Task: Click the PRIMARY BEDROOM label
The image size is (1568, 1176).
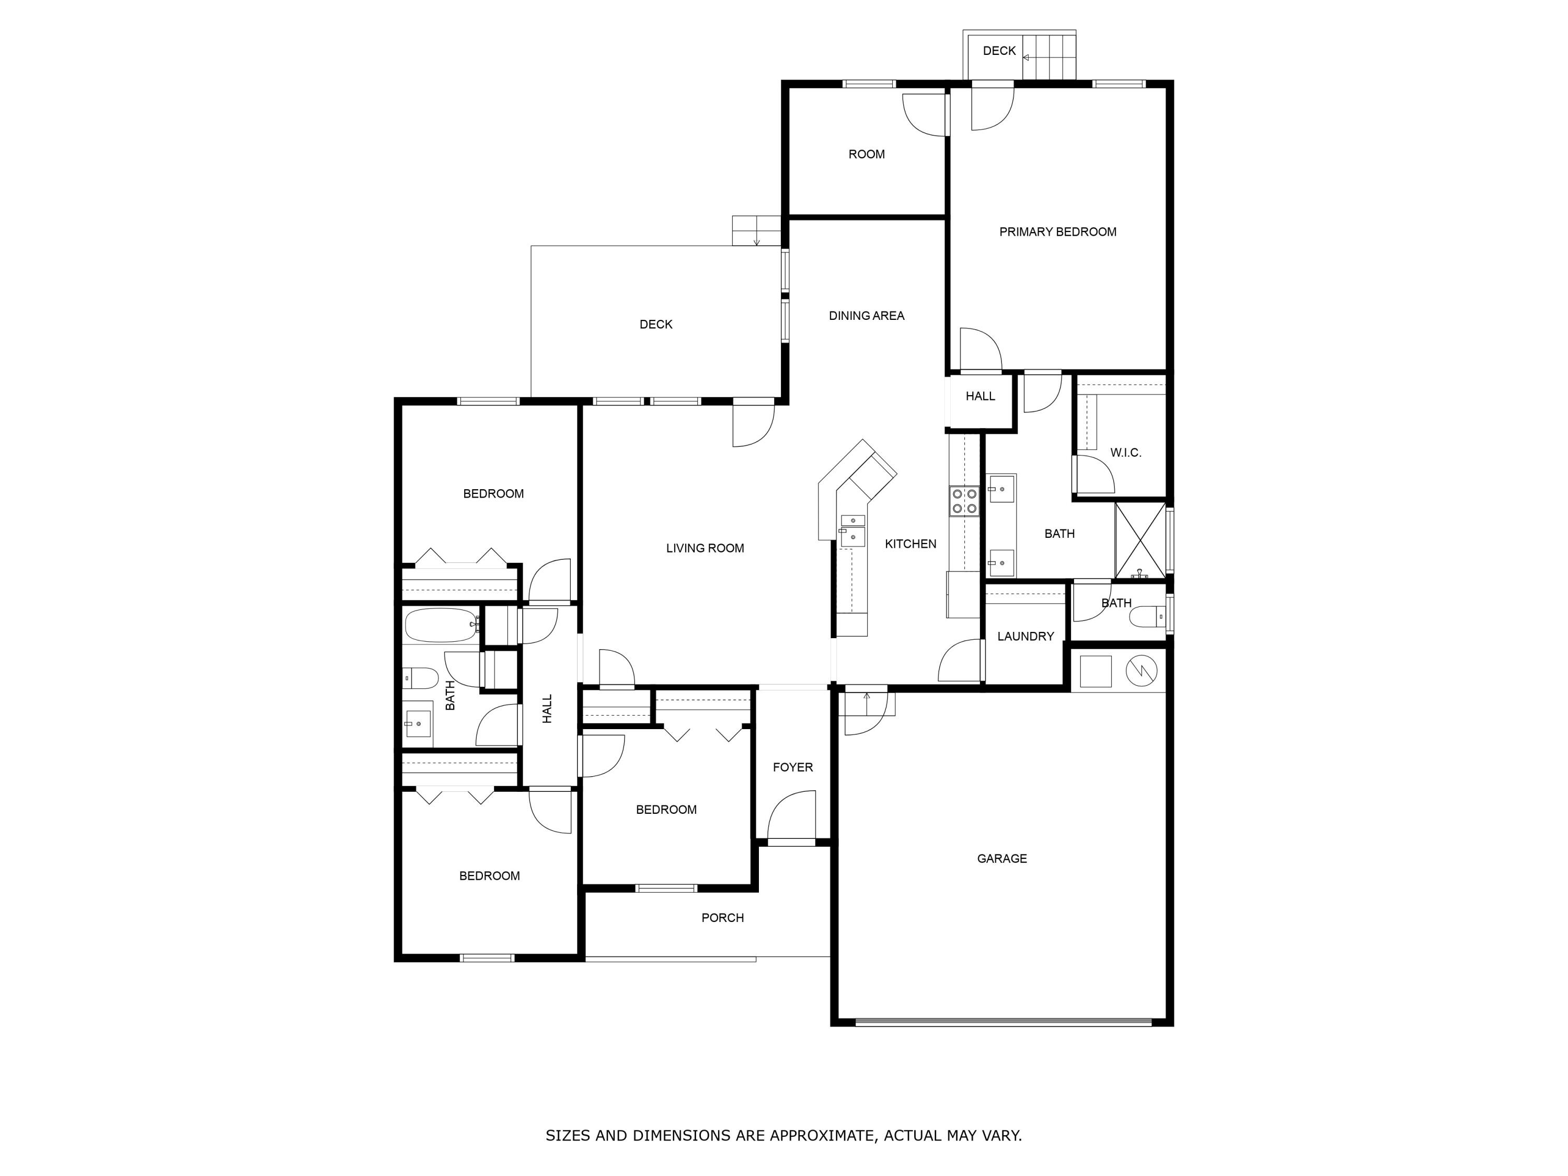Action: pos(1058,232)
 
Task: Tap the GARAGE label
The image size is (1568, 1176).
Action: pos(1001,858)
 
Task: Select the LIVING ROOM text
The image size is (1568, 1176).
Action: pos(705,548)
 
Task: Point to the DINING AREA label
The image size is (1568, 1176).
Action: pos(866,316)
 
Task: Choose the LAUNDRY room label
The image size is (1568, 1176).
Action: pos(1025,637)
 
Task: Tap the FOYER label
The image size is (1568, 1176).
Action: pos(792,767)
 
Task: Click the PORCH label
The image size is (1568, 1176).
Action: pos(722,918)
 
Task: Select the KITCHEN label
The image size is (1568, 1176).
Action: pos(911,544)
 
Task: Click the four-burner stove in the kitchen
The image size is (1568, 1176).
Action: pos(964,501)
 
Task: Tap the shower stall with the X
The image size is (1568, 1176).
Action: pos(1140,539)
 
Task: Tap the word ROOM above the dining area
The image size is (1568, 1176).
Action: pos(866,154)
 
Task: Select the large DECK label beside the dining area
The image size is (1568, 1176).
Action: pos(656,325)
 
